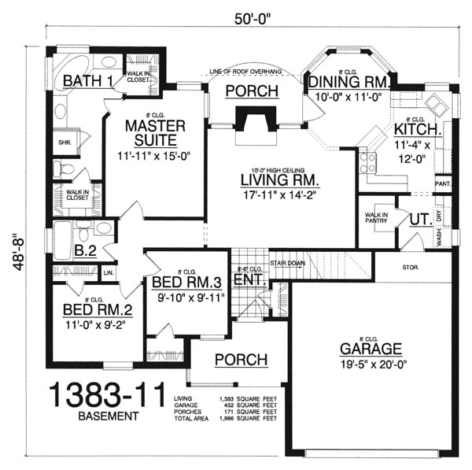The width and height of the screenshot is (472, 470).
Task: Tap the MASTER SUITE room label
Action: (155, 133)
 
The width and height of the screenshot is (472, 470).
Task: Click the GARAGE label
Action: (371, 349)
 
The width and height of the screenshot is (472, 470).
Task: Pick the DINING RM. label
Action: (345, 81)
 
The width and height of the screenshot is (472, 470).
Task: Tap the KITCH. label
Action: (417, 128)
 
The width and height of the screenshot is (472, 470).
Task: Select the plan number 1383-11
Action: (101, 394)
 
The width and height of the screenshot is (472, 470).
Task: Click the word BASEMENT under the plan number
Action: (102, 416)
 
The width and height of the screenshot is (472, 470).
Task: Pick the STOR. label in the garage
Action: (410, 268)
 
